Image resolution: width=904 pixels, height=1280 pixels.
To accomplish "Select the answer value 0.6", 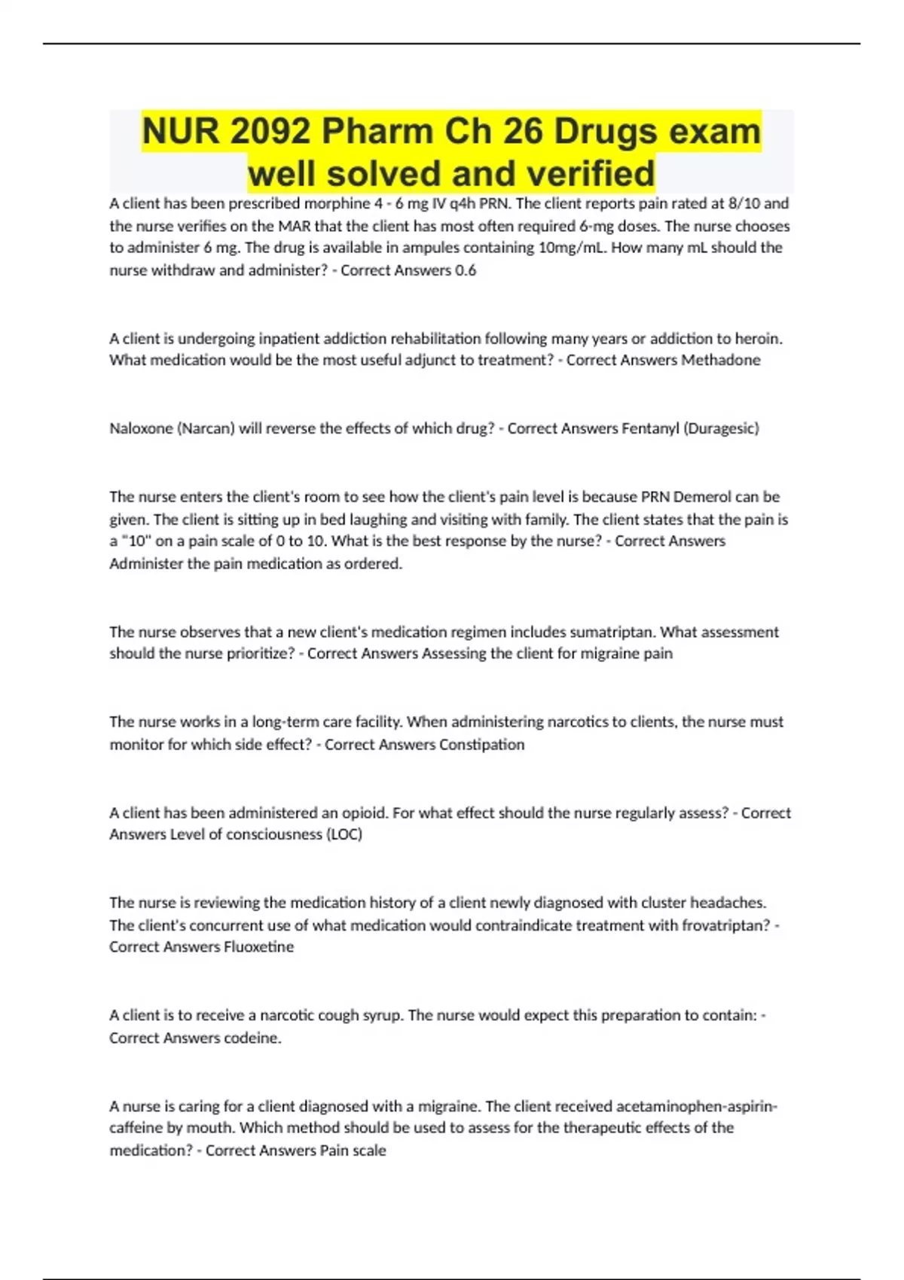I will (x=466, y=270).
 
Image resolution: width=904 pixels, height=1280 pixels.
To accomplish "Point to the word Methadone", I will (x=721, y=360).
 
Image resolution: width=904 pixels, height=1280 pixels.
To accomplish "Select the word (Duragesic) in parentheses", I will (x=721, y=428).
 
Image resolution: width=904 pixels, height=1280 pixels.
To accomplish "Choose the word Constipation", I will (x=481, y=745).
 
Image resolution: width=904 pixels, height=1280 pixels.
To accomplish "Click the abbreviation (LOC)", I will (x=344, y=834).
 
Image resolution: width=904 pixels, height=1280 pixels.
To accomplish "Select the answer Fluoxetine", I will (x=258, y=947).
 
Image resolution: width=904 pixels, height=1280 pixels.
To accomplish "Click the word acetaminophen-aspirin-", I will (x=697, y=1106).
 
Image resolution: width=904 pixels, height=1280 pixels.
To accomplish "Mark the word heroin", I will (x=759, y=339).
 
